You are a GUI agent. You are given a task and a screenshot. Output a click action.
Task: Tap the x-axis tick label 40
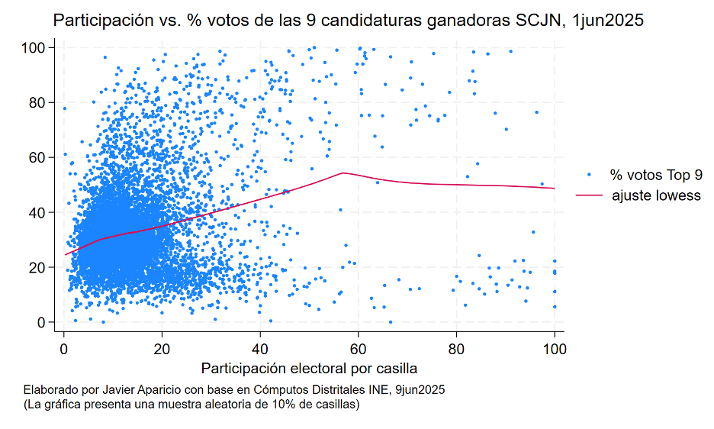(260, 350)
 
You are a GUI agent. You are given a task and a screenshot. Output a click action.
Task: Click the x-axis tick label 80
(456, 350)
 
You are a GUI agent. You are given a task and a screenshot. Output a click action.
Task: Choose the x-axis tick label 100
(555, 350)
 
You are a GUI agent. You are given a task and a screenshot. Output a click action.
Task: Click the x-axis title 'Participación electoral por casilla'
(309, 369)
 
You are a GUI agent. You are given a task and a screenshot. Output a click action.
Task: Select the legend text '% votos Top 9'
(655, 175)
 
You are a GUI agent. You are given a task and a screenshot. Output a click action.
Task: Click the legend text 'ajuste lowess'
(655, 195)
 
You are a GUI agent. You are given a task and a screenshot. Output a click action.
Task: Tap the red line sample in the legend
(589, 195)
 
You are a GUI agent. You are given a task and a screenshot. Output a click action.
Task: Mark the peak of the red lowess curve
(343, 173)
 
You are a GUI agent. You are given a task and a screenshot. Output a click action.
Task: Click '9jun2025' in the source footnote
(419, 389)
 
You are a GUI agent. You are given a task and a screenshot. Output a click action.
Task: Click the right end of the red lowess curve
(555, 188)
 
